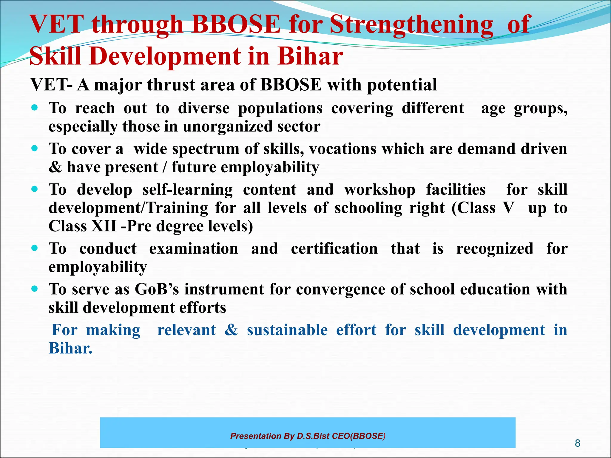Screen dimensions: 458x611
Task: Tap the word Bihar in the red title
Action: click(310, 56)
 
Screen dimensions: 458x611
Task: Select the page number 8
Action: click(578, 443)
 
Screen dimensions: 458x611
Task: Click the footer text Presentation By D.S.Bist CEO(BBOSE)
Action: click(308, 436)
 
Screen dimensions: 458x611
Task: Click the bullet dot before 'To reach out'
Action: click(35, 108)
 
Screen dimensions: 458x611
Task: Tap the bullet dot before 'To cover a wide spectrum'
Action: click(35, 148)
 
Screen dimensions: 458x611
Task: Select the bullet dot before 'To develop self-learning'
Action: click(35, 189)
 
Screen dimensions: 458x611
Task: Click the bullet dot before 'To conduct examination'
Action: click(35, 248)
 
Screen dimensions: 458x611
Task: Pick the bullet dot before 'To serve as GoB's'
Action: click(35, 289)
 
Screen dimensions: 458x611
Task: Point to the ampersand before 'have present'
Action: click(55, 167)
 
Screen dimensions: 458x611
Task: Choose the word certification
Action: click(334, 249)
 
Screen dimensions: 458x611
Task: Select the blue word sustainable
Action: click(287, 330)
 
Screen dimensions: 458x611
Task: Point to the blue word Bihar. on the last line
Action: click(70, 348)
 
